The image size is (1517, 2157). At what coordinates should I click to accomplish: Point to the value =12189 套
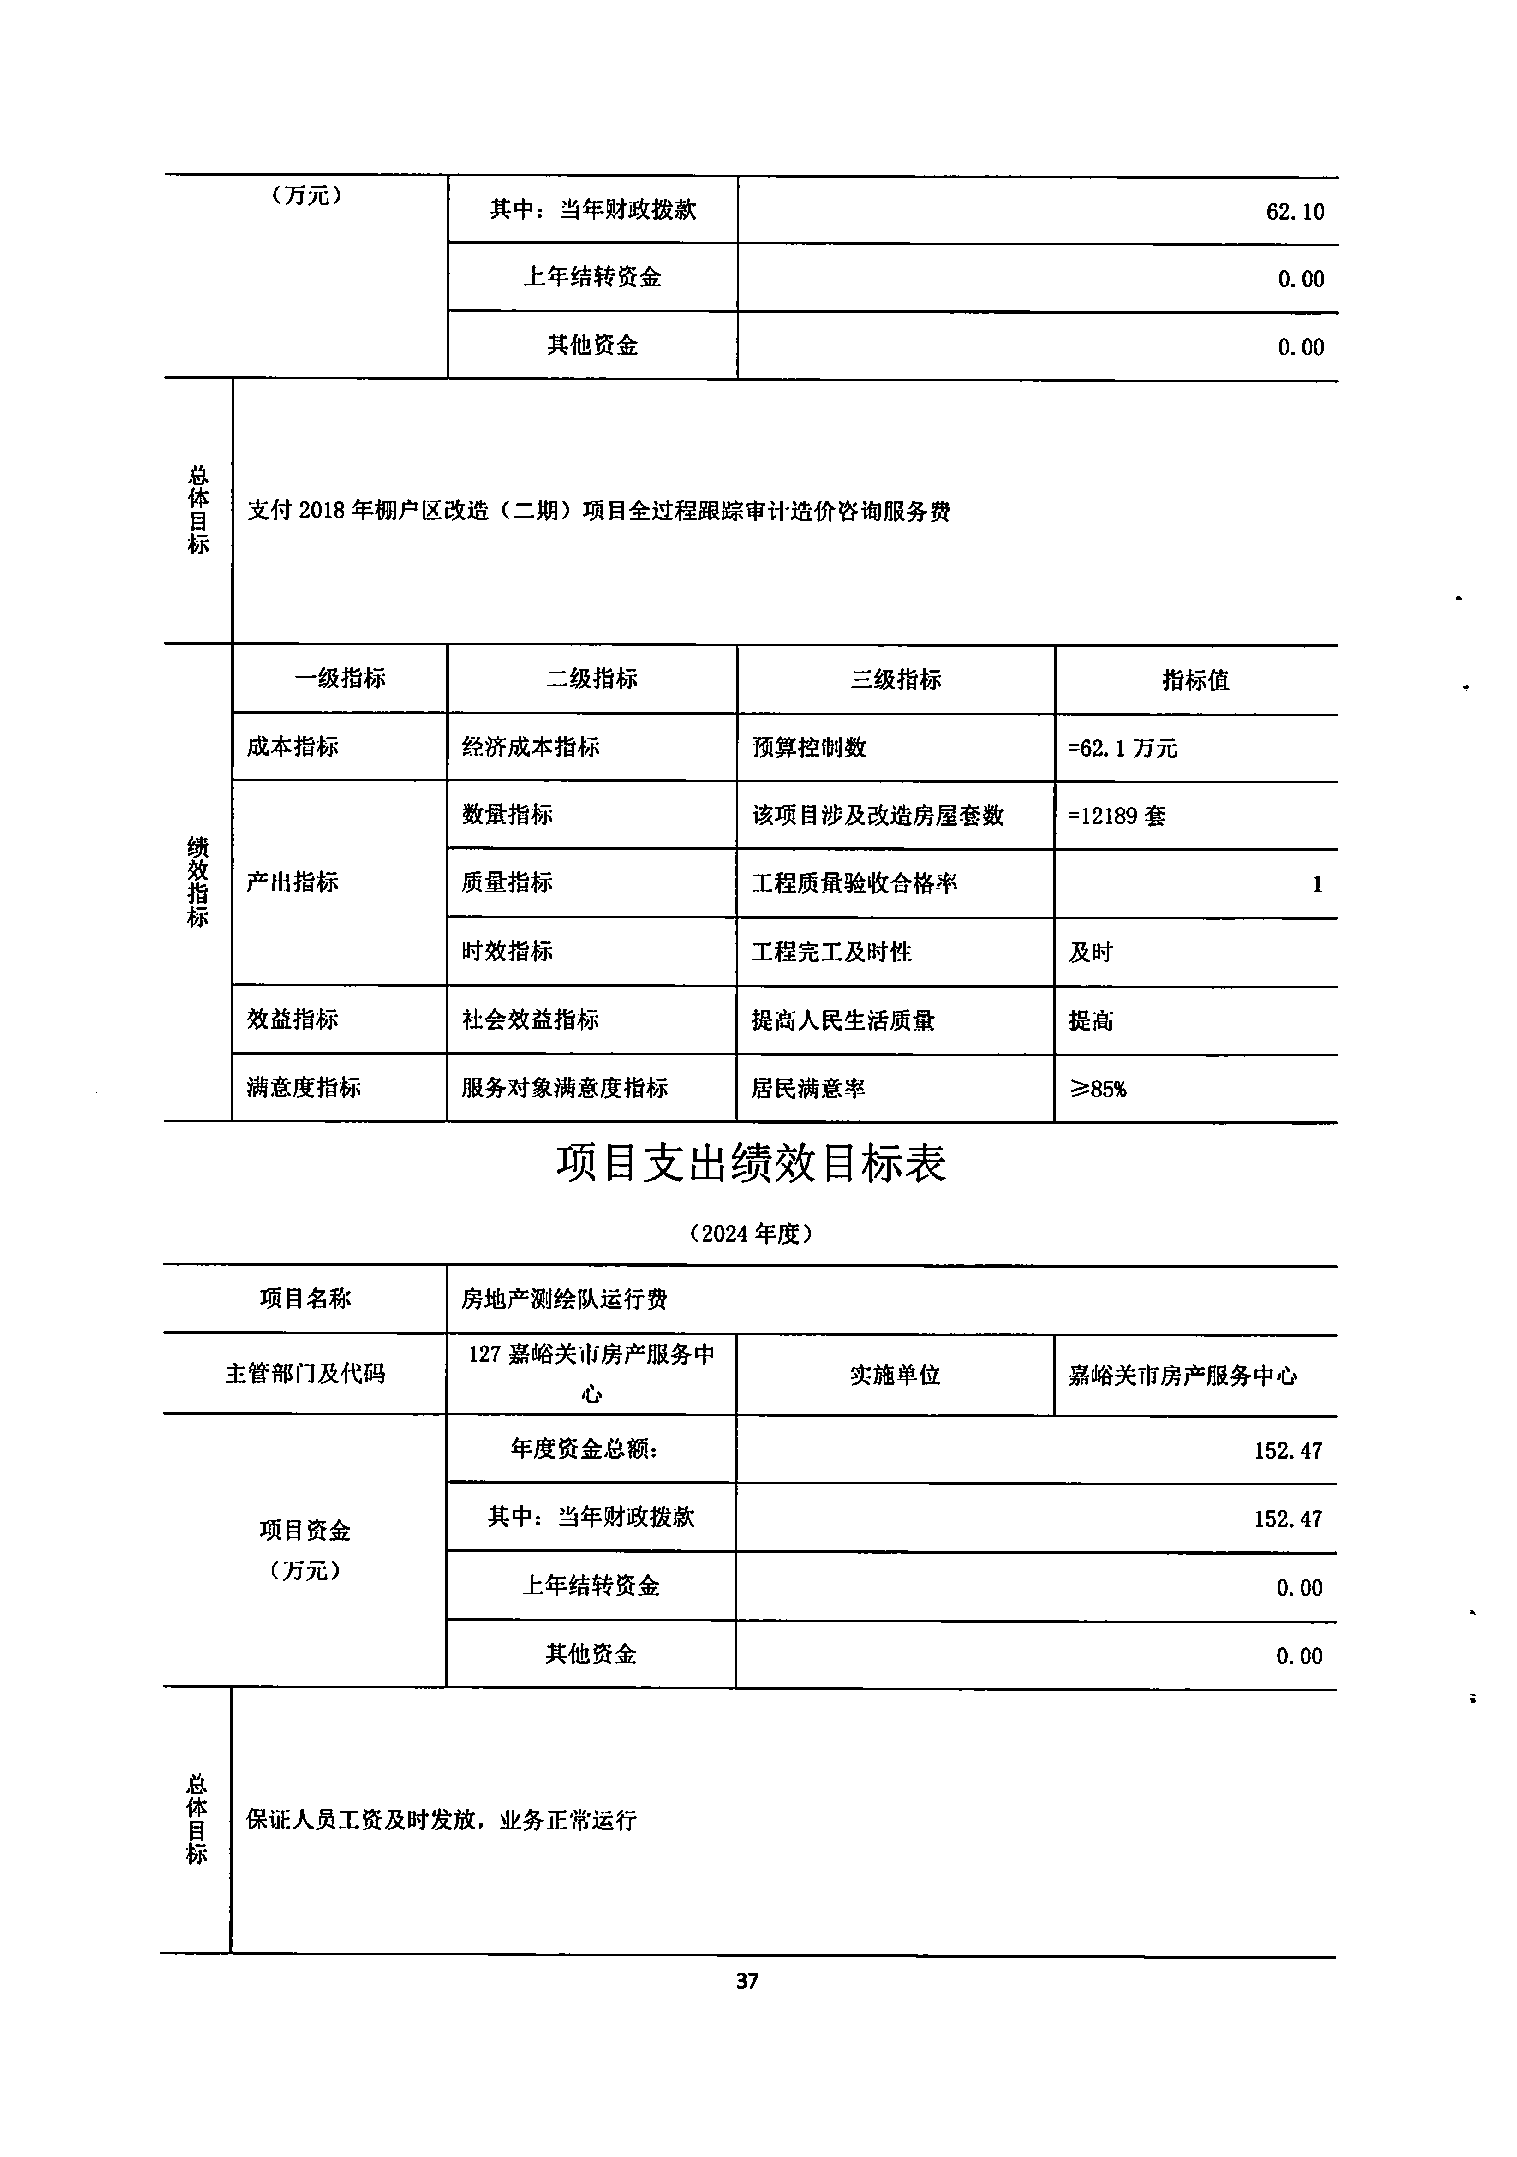point(1117,816)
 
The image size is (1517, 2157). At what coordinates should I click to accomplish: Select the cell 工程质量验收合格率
point(854,883)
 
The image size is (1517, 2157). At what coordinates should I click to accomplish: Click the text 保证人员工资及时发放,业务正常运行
point(441,1820)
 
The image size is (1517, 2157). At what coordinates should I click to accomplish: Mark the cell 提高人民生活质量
point(842,1020)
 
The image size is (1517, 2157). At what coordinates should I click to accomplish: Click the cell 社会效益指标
point(530,1019)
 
